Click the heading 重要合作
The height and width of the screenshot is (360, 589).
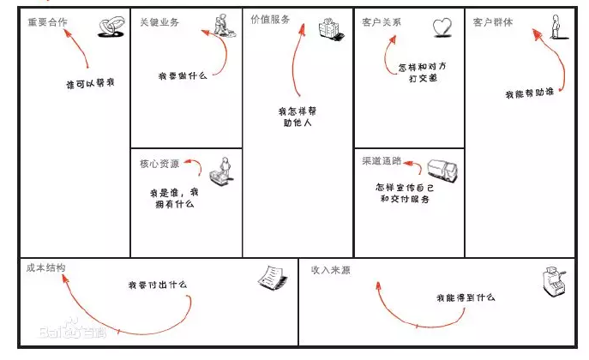coord(49,21)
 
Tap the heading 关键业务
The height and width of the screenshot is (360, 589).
coord(159,21)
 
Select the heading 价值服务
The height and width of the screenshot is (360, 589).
coord(272,19)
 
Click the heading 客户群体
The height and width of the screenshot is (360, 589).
coord(494,21)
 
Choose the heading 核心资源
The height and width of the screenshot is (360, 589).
coord(159,164)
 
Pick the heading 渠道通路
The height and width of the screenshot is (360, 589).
coord(382,160)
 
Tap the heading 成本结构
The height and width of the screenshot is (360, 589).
coord(45,268)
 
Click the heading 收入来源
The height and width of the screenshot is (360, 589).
coord(332,269)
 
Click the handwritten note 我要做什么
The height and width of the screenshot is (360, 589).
coord(183,76)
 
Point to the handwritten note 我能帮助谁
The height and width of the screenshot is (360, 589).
coord(529,93)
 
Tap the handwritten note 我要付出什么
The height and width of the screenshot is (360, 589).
coord(158,284)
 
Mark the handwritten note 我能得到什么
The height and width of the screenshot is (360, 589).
coord(466,297)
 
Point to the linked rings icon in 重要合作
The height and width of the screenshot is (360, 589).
coord(109,31)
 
